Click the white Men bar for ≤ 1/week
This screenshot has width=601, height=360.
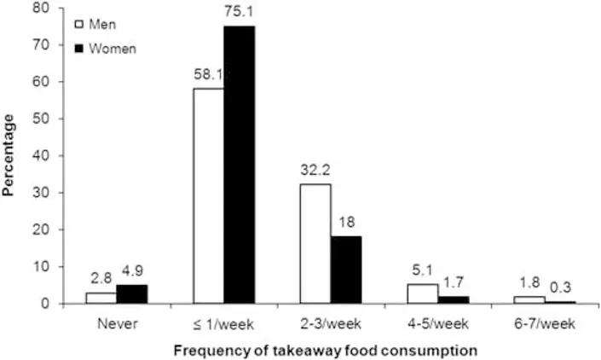click(208, 195)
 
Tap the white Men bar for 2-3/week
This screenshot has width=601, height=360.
click(315, 243)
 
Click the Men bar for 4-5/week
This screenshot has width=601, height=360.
click(422, 293)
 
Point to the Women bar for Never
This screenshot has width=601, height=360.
click(132, 294)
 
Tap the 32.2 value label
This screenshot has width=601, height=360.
click(315, 170)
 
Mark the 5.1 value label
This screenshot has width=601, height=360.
click(423, 271)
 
